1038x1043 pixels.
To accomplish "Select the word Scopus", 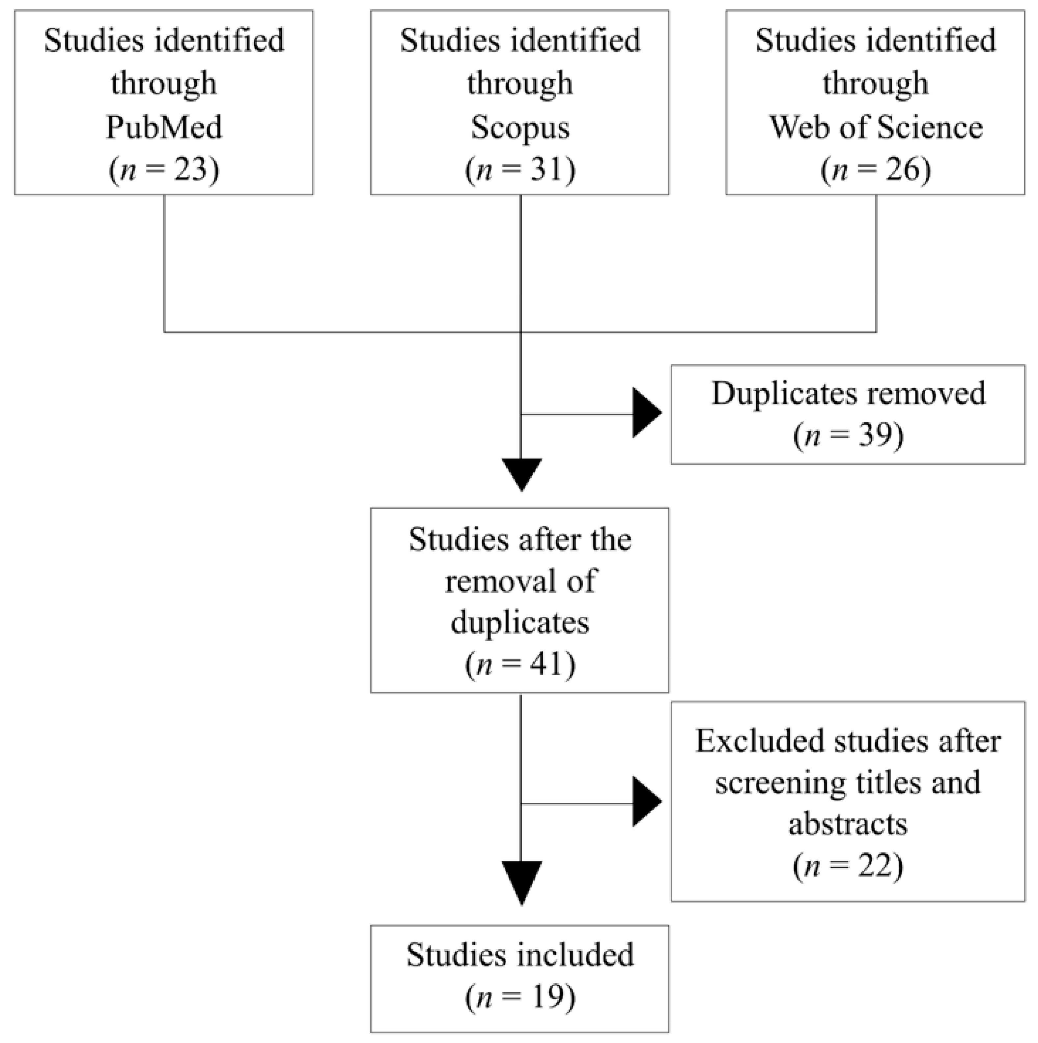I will click(x=520, y=127).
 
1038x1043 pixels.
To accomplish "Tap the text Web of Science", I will click(x=876, y=127).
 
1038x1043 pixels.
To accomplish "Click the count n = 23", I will click(x=164, y=169).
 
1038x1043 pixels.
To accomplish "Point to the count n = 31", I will click(x=520, y=169).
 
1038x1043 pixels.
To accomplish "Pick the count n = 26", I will click(x=876, y=169).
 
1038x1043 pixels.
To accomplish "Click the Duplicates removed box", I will click(x=848, y=414).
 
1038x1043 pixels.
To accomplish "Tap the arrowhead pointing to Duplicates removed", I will click(x=646, y=413).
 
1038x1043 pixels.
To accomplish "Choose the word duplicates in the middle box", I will click(x=520, y=622).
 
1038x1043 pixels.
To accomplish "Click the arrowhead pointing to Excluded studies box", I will click(x=646, y=802).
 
